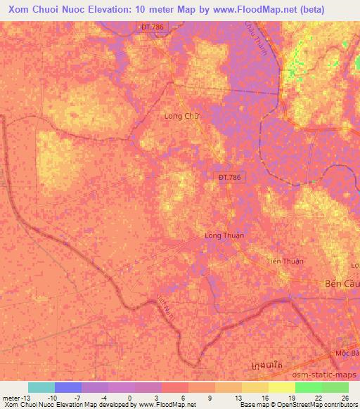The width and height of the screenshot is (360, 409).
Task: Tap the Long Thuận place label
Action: coord(224,235)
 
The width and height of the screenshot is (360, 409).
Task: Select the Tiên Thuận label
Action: coord(285,261)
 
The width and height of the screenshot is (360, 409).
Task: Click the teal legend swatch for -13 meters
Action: coord(41,387)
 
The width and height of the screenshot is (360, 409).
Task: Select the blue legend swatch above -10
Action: coord(68,387)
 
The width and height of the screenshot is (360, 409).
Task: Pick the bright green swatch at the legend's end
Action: coord(335,387)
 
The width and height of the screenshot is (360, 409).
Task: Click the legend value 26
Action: coord(344,398)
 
